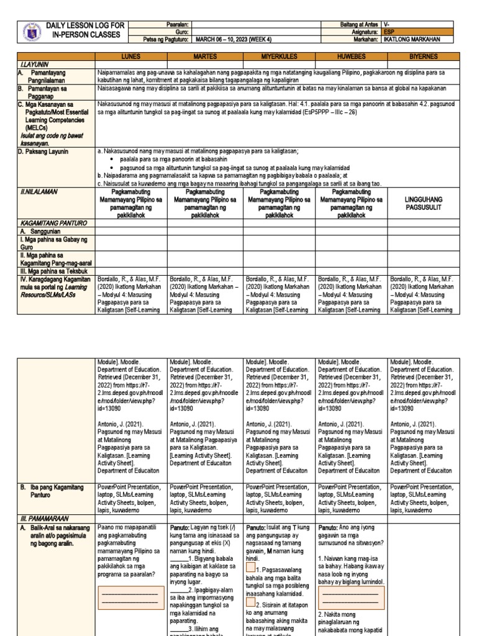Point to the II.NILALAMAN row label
(39, 192)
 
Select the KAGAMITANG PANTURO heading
(53, 222)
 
